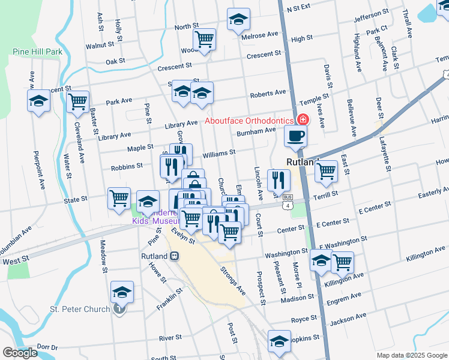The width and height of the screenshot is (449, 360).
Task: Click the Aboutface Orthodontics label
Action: tap(248, 121)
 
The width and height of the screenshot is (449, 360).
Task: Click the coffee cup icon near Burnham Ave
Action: tap(295, 136)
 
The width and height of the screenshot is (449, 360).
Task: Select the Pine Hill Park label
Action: tap(37, 52)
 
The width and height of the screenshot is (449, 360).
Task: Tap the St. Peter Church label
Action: tap(80, 310)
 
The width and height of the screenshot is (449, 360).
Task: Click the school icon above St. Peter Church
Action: tap(122, 292)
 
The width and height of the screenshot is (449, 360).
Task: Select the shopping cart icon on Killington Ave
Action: tap(342, 262)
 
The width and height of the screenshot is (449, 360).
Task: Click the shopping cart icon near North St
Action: tap(205, 40)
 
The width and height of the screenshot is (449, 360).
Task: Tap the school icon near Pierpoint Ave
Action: tap(39, 101)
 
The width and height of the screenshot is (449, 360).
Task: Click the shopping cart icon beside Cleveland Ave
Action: tap(78, 102)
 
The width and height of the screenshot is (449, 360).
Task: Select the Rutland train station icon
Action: tap(174, 256)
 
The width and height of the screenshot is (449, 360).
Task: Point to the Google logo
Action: tap(20, 353)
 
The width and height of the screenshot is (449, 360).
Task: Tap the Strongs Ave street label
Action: tap(233, 281)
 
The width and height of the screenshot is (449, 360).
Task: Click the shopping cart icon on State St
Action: tap(119, 198)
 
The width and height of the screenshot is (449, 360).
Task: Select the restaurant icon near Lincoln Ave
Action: tap(279, 179)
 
